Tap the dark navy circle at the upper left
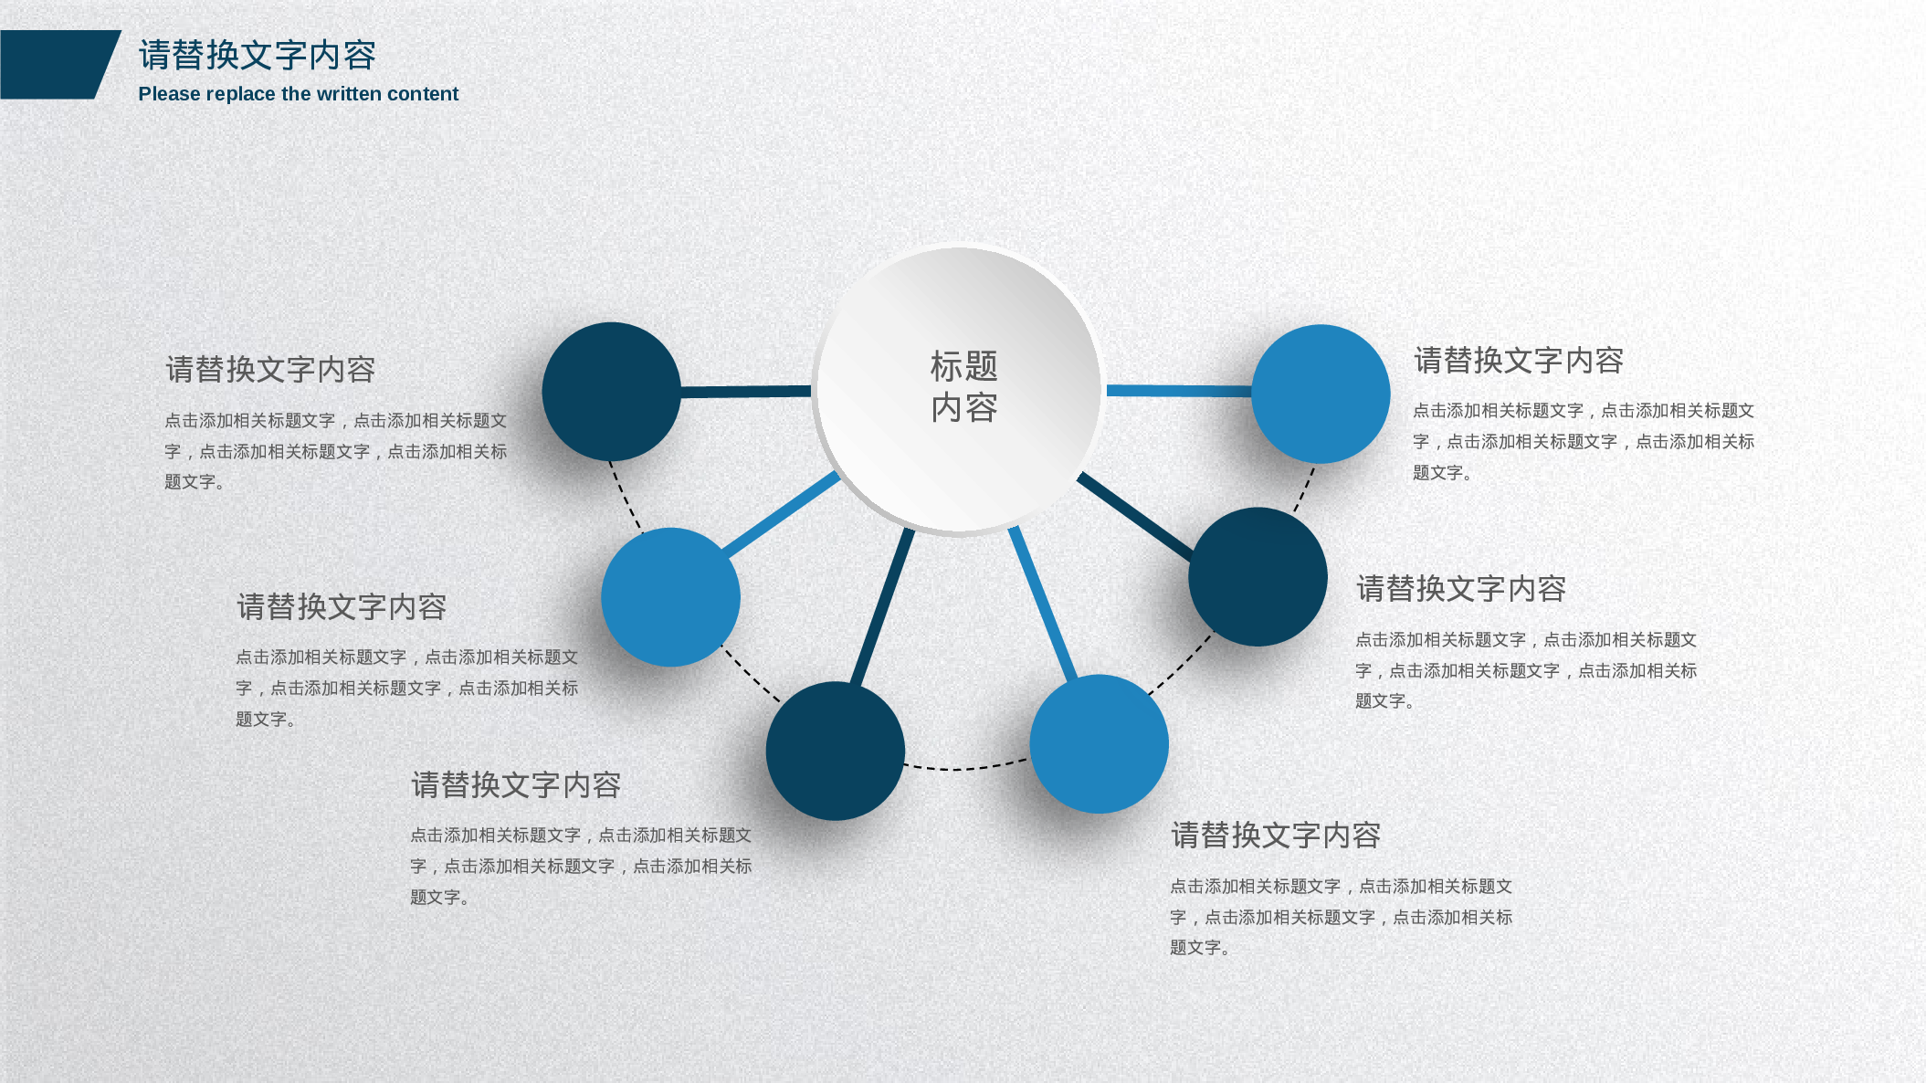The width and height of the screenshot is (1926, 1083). coord(611,392)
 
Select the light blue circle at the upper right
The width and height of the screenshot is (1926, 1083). coord(1321,394)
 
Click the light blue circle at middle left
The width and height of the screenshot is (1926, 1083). coord(670,597)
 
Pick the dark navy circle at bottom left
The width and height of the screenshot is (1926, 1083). coord(835,751)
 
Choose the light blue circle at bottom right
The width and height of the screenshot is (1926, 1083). coord(1099,743)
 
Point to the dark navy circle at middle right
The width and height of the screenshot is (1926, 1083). coord(1258,577)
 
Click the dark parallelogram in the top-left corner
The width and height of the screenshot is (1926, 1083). coord(55,65)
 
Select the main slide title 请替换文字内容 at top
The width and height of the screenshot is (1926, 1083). coord(257,56)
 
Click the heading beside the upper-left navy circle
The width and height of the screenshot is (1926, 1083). coord(270,370)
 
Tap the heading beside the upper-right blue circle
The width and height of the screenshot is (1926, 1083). coord(1518,361)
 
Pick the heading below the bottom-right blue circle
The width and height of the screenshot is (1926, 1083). coord(1275,836)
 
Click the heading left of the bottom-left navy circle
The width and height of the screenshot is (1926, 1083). coord(515,785)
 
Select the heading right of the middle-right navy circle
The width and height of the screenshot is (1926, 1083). coord(1460,589)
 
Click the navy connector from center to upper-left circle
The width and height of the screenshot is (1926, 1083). coord(745,392)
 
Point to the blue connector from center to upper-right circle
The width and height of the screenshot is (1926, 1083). coord(1178,391)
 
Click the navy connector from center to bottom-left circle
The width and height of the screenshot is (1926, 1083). coord(881,607)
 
